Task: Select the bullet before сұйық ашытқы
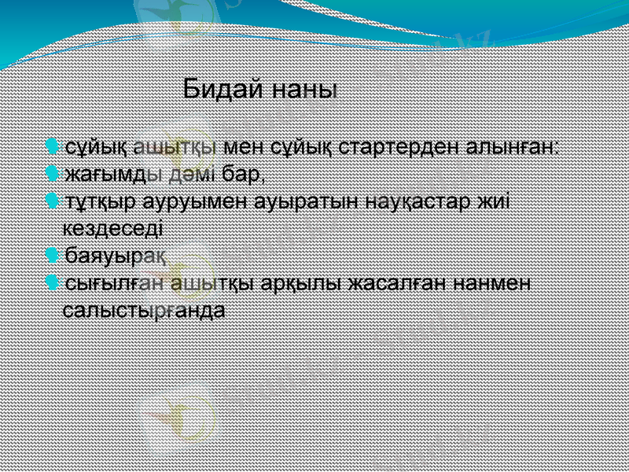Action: click(51, 146)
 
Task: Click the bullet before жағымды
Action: click(51, 172)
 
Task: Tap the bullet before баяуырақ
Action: click(51, 255)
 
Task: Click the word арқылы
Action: click(306, 282)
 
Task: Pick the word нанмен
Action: click(491, 282)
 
